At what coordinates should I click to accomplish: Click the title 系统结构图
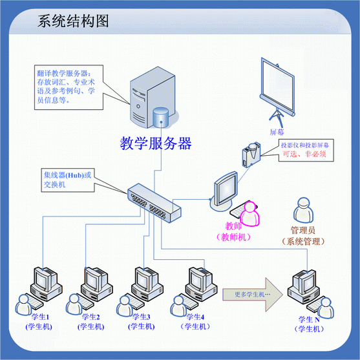point(73,21)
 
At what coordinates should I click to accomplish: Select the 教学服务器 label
point(156,143)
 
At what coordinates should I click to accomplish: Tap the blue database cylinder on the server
point(161,118)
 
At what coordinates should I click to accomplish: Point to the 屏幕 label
point(277,132)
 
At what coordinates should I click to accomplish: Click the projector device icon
point(251,154)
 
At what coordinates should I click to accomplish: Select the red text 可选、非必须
point(304,154)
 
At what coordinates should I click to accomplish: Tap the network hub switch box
point(154,203)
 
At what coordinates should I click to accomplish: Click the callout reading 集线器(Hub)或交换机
point(68,180)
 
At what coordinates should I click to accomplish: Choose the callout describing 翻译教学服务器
point(69,87)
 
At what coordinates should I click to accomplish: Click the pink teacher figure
point(249,213)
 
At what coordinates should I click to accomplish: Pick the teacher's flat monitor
point(224,191)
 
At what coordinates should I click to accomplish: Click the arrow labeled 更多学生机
point(253,295)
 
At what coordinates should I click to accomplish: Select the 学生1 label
point(41,317)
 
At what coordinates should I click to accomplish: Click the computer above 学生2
point(96,284)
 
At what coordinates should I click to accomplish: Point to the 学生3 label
point(142,317)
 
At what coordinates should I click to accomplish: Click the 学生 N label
point(309,319)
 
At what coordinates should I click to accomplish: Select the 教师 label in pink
point(233,226)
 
